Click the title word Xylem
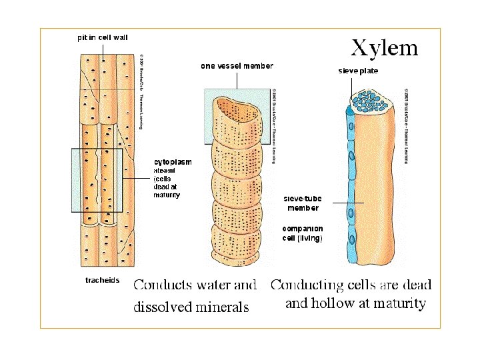(x=385, y=47)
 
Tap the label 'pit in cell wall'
(x=103, y=38)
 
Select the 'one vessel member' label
(x=237, y=65)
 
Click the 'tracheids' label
(x=102, y=280)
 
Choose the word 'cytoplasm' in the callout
(x=173, y=162)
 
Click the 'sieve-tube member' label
(x=303, y=203)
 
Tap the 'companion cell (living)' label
(x=302, y=233)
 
